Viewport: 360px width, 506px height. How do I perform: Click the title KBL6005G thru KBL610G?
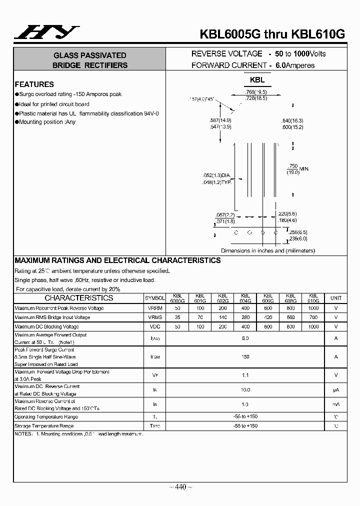point(272,34)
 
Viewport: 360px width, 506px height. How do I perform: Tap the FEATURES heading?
point(34,84)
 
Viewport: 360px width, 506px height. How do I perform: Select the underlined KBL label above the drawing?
point(257,80)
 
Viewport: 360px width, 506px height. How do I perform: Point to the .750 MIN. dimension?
point(298,168)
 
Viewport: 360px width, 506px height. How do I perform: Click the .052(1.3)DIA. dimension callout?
point(216,175)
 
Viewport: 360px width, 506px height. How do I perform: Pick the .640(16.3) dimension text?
point(292,121)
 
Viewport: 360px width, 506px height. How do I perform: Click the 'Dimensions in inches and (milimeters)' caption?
point(268,250)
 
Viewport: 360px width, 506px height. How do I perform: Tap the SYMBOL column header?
point(154,298)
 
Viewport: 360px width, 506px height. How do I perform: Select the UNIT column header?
point(336,298)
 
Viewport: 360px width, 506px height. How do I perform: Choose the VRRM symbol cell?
point(154,308)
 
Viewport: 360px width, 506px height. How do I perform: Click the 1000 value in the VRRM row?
point(313,308)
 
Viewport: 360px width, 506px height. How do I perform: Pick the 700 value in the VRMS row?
point(313,317)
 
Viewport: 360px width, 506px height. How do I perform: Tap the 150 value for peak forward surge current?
point(245,357)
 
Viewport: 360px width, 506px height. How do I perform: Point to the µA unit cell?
point(336,390)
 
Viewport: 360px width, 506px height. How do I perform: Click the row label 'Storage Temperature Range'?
point(44,426)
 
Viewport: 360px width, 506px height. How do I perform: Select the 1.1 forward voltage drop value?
point(245,375)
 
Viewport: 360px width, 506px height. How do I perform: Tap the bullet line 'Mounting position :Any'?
point(47,122)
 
